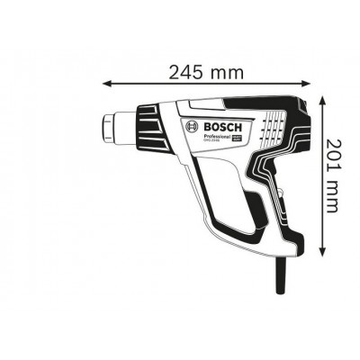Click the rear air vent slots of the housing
269,126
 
